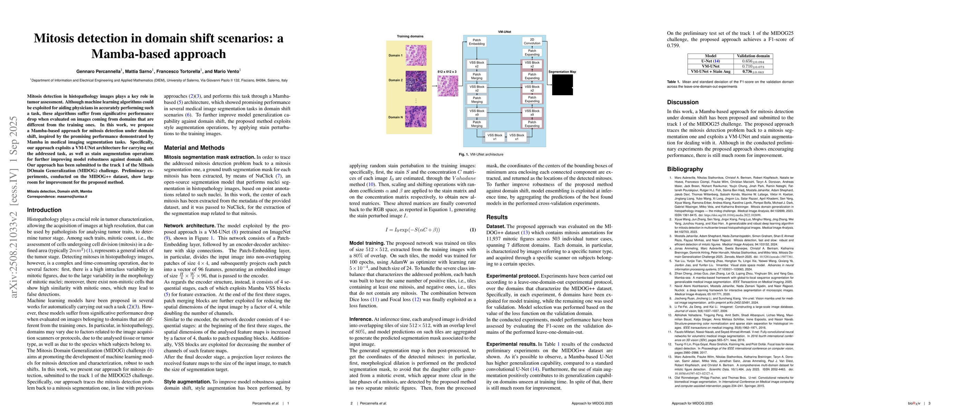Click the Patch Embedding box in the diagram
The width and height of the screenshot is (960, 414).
(477, 42)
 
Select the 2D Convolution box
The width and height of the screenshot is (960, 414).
(532, 41)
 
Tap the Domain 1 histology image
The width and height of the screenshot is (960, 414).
(416, 55)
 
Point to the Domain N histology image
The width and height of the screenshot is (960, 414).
(416, 117)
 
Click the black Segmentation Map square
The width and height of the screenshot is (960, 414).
(562, 85)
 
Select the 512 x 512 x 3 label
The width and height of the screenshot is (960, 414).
(447, 71)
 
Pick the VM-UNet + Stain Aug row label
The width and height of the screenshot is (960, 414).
(710, 71)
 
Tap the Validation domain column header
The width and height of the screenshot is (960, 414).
(753, 56)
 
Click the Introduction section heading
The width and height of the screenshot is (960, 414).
(44, 210)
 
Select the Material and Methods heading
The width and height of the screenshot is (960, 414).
(194, 148)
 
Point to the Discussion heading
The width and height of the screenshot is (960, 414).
(683, 102)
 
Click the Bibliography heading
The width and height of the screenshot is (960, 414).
(685, 169)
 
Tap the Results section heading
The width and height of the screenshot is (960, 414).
(497, 217)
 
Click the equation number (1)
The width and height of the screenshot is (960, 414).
(472, 230)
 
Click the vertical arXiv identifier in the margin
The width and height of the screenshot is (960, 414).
(14, 207)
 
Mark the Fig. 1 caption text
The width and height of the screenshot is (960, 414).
(481, 155)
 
